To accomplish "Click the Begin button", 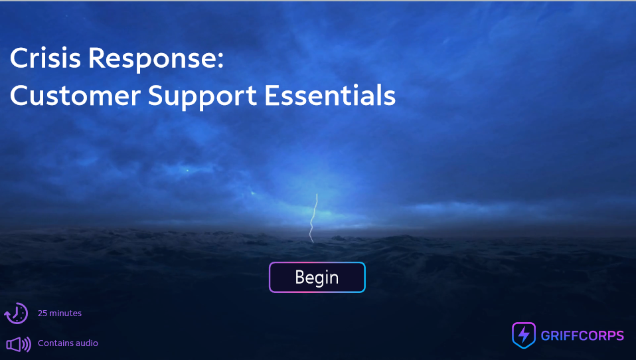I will coord(317,278).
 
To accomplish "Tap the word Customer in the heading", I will coord(75,96).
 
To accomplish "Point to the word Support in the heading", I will coord(202,97).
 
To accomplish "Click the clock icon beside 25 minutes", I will coord(17,313).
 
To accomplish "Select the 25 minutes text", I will coord(60,313).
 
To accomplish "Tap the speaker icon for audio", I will coord(18,344).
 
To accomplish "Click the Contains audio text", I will coord(68,343).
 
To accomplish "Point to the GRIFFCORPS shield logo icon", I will coord(523,335).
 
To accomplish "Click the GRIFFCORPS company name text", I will coord(582,335).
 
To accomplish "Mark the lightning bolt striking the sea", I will coord(314,218).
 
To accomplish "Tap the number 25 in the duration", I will coord(42,313).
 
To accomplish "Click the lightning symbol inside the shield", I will coord(523,334).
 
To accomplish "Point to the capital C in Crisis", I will coord(19,58).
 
